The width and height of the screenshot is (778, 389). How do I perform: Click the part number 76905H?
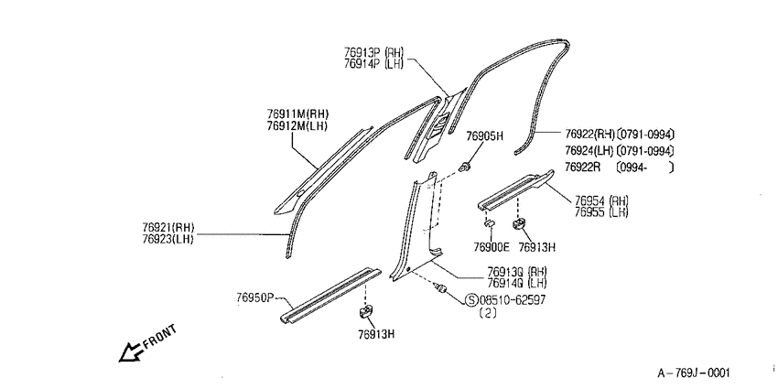click(x=485, y=136)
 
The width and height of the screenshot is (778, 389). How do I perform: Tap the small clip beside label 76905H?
click(x=465, y=167)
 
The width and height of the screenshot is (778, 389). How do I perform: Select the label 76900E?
click(x=492, y=246)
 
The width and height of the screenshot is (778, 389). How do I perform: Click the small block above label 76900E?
click(x=489, y=222)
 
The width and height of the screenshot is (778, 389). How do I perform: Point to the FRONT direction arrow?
click(x=130, y=351)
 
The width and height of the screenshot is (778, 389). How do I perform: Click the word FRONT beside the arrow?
click(x=158, y=337)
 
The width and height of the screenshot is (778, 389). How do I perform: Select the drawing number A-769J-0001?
click(x=694, y=373)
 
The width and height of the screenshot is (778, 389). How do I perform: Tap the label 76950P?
click(x=255, y=297)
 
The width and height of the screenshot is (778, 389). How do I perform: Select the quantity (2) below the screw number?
click(x=488, y=313)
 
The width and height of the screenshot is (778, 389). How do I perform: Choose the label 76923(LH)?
click(x=168, y=238)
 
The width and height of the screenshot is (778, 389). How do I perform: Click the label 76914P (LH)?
click(x=373, y=63)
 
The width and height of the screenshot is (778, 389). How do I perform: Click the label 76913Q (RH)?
click(x=516, y=272)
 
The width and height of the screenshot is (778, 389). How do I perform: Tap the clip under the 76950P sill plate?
click(x=365, y=312)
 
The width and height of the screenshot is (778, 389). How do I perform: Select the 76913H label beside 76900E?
click(x=537, y=246)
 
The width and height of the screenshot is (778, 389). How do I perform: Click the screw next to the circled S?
click(x=440, y=287)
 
